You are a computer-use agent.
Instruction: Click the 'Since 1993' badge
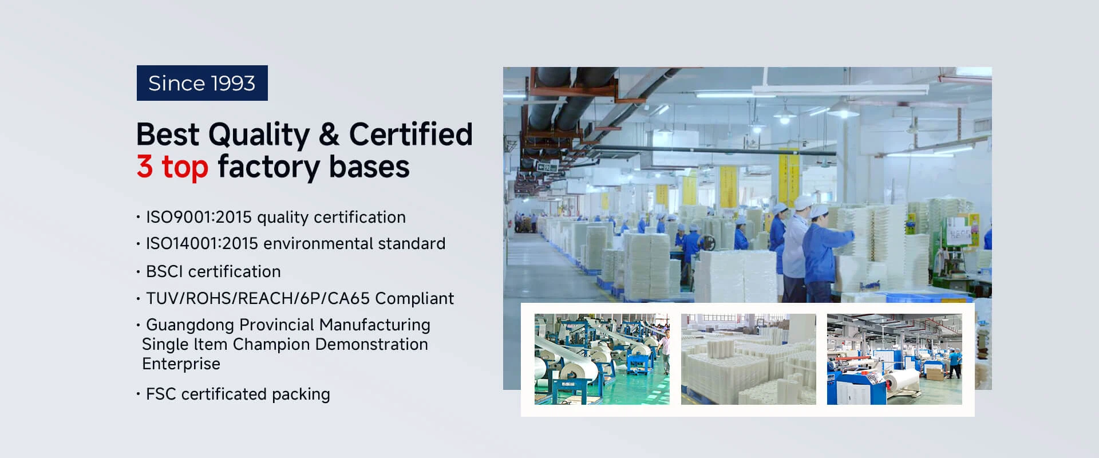[x=202, y=83]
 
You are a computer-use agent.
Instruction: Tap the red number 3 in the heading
[x=145, y=167]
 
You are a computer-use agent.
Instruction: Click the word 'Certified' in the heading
[x=411, y=135]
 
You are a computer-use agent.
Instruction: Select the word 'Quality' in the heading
[x=259, y=136]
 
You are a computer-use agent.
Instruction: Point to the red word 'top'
[x=185, y=168]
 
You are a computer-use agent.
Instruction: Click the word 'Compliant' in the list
[x=414, y=299]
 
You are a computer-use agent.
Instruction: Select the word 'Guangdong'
[x=190, y=325]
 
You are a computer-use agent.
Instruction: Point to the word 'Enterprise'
[x=181, y=364]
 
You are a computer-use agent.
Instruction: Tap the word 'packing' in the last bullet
[x=301, y=394]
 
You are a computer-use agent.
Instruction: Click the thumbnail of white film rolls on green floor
[x=602, y=359]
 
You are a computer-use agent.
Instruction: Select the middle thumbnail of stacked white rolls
[x=749, y=359]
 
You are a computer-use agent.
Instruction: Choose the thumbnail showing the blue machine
[x=895, y=359]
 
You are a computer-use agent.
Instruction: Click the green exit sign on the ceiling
[x=547, y=166]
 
